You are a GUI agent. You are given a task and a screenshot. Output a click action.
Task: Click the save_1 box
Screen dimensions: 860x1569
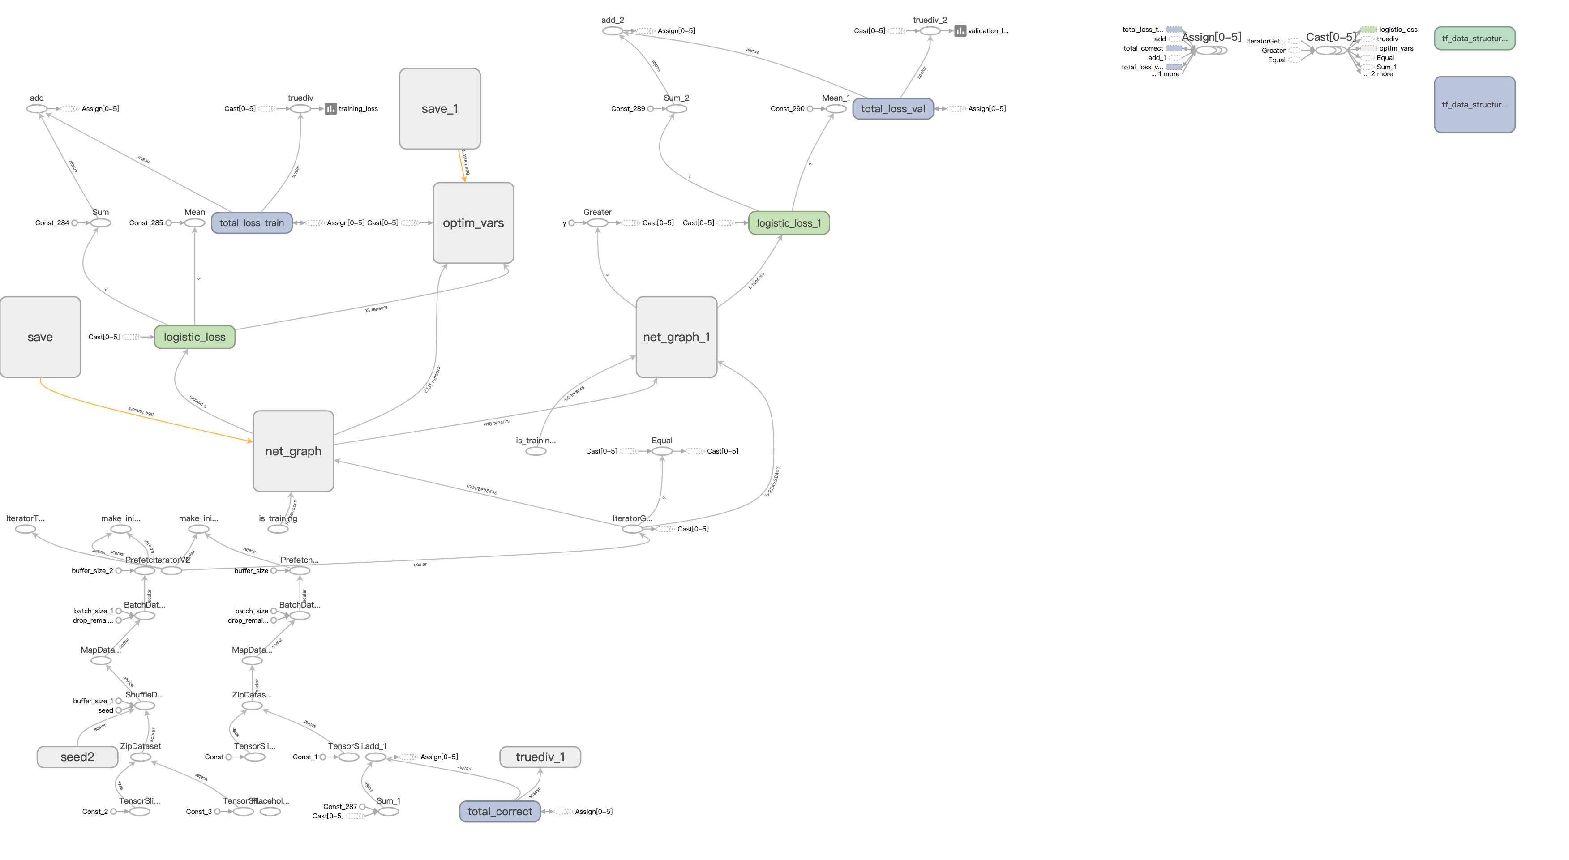(439, 108)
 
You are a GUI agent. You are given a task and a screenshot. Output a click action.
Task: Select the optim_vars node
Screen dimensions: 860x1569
(473, 223)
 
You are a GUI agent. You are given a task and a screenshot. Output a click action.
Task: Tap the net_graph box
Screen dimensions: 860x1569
(293, 451)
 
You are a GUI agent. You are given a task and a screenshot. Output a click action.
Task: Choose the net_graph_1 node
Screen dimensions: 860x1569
(676, 337)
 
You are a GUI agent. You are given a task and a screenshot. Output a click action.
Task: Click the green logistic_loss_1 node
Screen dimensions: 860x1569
(789, 223)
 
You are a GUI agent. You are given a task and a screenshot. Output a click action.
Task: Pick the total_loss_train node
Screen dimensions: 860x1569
(252, 223)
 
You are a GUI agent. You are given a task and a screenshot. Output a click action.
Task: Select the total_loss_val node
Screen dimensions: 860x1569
(892, 109)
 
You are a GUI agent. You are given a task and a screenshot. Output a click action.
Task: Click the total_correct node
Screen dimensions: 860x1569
(499, 811)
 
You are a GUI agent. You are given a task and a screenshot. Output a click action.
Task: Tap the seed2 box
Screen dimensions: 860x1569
(77, 757)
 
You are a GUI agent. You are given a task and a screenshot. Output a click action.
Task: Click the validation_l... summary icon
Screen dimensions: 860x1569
(960, 31)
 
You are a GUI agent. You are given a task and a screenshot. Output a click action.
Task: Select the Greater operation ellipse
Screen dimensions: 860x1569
(597, 223)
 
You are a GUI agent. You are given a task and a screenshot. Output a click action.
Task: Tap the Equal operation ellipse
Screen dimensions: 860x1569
(662, 451)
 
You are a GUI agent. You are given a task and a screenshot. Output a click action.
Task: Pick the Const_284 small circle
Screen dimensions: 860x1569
(74, 223)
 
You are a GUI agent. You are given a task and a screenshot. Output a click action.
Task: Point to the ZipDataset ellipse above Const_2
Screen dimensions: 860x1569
(141, 757)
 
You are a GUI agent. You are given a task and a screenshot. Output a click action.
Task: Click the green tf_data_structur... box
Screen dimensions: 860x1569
(1475, 39)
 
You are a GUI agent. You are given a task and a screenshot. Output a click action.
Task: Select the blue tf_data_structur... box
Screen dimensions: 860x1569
(1475, 105)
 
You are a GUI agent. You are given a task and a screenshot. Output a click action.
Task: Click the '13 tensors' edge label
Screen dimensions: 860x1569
(376, 309)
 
